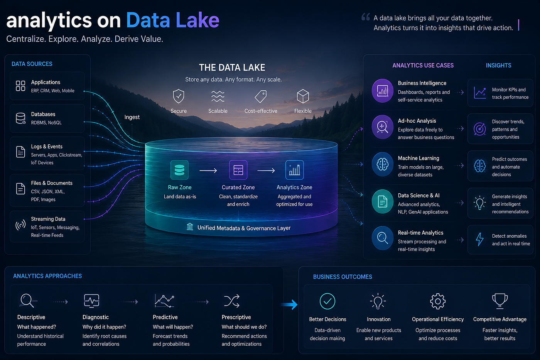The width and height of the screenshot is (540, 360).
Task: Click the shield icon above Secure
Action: pos(179,96)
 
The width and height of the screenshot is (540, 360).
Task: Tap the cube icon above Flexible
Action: pos(303,96)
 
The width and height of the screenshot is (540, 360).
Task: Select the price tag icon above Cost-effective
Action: pos(261,96)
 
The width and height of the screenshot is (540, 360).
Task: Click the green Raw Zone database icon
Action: pos(179,170)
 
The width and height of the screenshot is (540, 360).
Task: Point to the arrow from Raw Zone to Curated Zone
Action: pos(208,171)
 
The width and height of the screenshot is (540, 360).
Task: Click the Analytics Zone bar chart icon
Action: pos(294,170)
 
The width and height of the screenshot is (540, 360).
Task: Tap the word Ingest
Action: pos(132,117)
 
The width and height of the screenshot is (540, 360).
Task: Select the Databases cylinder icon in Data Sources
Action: pos(20,118)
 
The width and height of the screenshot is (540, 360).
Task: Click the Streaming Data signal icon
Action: pos(20,225)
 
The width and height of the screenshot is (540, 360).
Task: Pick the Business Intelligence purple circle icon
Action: pos(383,91)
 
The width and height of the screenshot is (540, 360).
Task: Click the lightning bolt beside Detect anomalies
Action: pos(479,240)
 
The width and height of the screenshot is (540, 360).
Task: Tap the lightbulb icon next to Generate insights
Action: pos(479,203)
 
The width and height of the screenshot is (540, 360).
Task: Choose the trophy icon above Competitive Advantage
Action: pos(500,301)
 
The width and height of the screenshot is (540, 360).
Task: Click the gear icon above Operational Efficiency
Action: pos(438,301)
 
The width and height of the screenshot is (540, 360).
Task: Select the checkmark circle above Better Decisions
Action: pos(327,301)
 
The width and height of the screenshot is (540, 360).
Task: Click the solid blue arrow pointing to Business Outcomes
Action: pos(290,304)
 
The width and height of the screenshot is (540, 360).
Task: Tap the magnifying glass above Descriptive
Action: pos(27,301)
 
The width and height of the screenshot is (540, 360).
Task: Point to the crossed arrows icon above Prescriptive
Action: pos(232,301)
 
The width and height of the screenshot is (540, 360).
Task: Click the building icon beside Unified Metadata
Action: pos(190,226)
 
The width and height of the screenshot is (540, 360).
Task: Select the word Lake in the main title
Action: pos(197,20)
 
